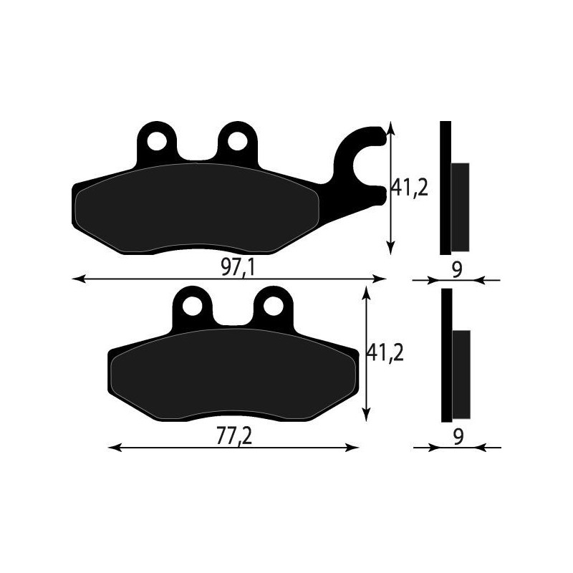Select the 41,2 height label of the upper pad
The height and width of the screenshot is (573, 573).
click(x=409, y=188)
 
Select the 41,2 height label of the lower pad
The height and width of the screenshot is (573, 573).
click(x=385, y=352)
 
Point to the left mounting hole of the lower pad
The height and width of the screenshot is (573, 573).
click(x=192, y=307)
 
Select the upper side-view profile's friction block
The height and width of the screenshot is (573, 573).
click(x=460, y=207)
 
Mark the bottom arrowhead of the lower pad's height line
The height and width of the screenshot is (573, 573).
click(x=367, y=415)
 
